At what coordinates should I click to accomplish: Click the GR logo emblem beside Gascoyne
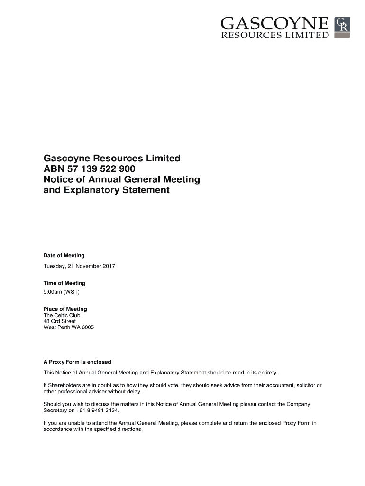tap(342, 28)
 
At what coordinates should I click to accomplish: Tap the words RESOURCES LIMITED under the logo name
tap(274, 35)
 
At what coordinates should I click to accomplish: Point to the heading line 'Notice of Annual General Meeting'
tap(122, 180)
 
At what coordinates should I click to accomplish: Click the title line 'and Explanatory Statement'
tap(106, 191)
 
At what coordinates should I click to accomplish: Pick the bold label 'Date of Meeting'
tap(64, 256)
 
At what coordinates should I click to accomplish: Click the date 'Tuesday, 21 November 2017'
tap(79, 266)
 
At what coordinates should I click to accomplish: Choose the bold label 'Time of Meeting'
tap(64, 283)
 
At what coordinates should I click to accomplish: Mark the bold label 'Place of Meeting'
tap(65, 309)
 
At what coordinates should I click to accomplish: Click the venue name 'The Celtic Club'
tap(62, 316)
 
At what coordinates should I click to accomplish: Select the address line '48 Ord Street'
tap(60, 321)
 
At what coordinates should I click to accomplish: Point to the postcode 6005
tap(87, 327)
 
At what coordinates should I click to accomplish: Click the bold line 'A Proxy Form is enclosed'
tap(77, 362)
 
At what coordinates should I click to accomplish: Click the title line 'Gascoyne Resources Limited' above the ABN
tap(112, 158)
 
